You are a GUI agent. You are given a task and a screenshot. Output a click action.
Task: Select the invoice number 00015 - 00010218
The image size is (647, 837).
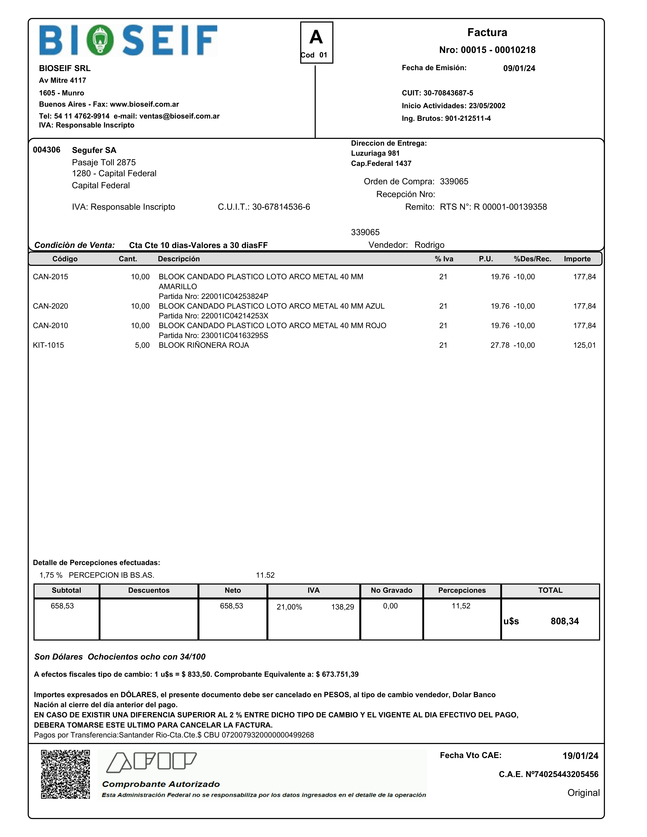click(498, 50)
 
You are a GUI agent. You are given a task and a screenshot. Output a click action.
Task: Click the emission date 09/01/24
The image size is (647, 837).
click(519, 68)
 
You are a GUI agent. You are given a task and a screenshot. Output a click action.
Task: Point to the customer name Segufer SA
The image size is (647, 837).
click(94, 150)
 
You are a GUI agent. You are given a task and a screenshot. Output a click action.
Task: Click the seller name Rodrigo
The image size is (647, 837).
click(429, 245)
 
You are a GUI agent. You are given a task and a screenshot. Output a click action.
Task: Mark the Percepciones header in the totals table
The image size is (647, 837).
click(462, 590)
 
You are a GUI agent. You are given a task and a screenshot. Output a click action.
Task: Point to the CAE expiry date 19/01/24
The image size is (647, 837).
click(580, 756)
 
